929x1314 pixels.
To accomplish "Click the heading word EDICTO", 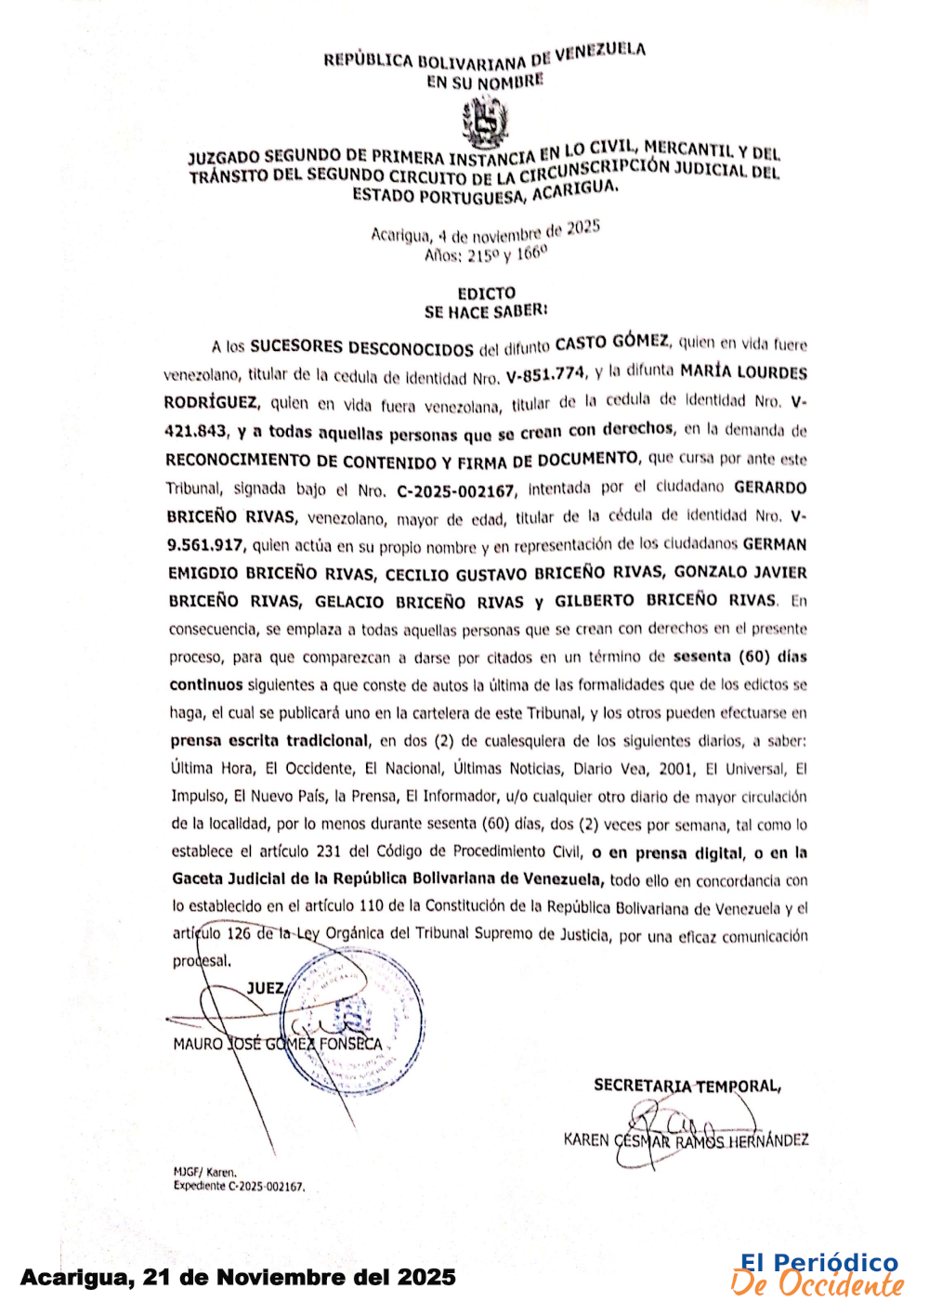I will [x=486, y=293].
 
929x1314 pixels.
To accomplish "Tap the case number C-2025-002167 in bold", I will [x=455, y=490].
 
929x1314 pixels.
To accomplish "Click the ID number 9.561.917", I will [x=205, y=546].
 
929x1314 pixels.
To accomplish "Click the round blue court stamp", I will [x=353, y=1020].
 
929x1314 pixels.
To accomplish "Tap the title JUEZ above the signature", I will [x=266, y=988].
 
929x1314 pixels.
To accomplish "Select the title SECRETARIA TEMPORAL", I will [x=687, y=1085].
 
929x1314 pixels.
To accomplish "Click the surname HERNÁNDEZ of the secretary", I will [x=768, y=1139].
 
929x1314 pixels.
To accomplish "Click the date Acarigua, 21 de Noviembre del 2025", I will [x=238, y=1278].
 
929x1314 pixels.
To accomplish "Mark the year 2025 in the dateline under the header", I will [x=583, y=228].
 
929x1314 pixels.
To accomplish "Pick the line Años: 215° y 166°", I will [x=486, y=254].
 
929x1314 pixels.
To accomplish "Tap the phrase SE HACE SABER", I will [x=486, y=312].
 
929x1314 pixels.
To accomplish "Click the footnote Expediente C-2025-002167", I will [x=239, y=1187].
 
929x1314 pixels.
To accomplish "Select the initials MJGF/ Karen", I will [x=204, y=1172].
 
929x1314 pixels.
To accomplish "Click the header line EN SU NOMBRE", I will [x=485, y=82].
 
